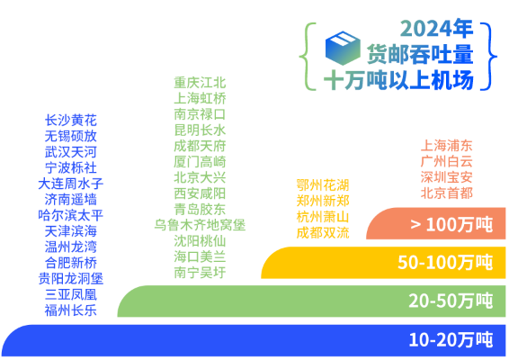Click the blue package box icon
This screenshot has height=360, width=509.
pyautogui.click(x=343, y=48)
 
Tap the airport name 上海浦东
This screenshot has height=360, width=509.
pyautogui.click(x=446, y=146)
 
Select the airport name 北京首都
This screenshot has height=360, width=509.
pyautogui.click(x=446, y=193)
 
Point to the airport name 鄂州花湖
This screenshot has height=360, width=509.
pyautogui.click(x=323, y=185)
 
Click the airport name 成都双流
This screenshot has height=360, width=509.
pyautogui.click(x=323, y=233)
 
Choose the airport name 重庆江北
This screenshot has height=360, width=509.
pyautogui.click(x=200, y=83)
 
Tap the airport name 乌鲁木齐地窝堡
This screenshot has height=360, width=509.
pyautogui.click(x=200, y=225)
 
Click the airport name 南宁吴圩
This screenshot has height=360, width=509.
pyautogui.click(x=200, y=273)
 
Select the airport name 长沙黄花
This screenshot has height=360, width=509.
pyautogui.click(x=71, y=121)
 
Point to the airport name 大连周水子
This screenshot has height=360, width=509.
pyautogui.click(x=71, y=184)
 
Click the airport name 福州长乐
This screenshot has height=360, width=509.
pyautogui.click(x=71, y=310)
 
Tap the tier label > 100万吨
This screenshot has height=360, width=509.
pyautogui.click(x=451, y=224)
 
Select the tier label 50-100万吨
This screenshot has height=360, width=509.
pyautogui.click(x=445, y=262)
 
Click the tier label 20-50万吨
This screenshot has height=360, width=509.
pyautogui.click(x=451, y=301)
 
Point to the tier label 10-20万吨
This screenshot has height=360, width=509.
pyautogui.click(x=451, y=340)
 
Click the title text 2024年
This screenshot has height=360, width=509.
pyautogui.click(x=437, y=29)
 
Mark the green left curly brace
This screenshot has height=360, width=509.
pyautogui.click(x=308, y=56)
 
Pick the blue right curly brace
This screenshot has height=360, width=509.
pyautogui.click(x=488, y=56)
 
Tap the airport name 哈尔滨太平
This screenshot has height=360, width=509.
pyautogui.click(x=71, y=215)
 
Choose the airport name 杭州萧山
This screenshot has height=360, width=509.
pyautogui.click(x=323, y=217)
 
